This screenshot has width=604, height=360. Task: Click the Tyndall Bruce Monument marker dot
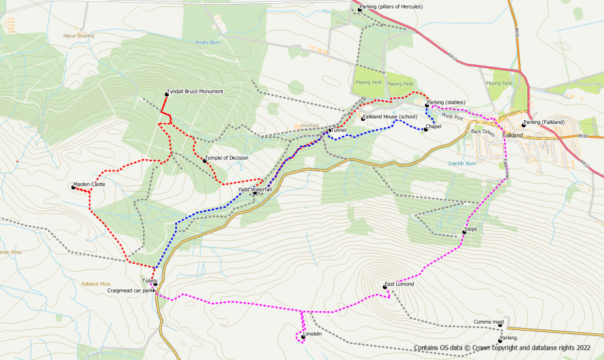166,95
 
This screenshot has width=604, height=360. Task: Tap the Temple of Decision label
226,158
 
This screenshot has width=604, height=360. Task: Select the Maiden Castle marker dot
73,187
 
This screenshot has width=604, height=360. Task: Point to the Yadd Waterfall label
255,190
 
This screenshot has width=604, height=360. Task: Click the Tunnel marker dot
331,131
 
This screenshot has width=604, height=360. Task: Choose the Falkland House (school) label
390,117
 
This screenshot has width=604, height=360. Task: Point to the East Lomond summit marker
384,287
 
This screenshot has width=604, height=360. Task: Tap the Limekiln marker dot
303,337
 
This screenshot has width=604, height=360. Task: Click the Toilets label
150,280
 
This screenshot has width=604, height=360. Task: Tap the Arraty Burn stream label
208,42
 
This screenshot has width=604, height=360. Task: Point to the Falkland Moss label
97,284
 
